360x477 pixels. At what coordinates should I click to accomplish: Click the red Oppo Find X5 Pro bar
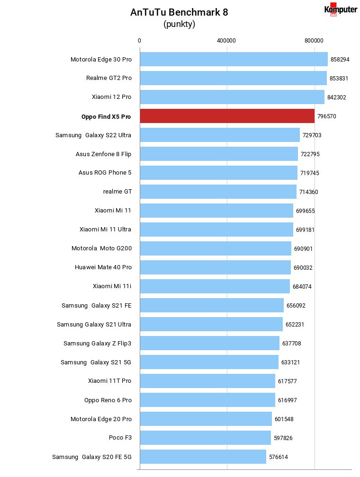227,116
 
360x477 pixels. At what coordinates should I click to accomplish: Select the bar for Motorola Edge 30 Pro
234,59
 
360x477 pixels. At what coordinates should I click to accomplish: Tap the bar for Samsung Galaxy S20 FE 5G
203,457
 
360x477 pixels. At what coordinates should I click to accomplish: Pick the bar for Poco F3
206,438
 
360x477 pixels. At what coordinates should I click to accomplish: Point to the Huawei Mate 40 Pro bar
216,267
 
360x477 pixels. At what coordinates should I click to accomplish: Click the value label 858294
340,60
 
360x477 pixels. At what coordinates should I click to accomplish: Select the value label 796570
327,116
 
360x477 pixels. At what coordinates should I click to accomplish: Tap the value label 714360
308,192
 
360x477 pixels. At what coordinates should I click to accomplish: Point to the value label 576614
279,457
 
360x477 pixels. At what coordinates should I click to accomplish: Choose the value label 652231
295,325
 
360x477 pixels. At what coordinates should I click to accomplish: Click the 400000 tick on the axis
226,41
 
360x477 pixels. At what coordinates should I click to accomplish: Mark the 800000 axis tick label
314,41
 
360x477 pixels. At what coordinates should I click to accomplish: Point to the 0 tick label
139,41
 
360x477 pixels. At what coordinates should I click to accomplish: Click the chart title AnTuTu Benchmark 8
179,12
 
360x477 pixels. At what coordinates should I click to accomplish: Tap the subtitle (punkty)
180,24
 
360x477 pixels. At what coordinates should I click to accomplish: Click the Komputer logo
341,9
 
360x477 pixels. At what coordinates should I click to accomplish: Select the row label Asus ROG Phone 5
105,173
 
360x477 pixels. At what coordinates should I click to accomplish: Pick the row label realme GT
117,192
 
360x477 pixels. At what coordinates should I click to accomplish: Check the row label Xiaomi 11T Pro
109,381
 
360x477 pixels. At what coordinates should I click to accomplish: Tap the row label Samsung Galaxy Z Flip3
97,344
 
